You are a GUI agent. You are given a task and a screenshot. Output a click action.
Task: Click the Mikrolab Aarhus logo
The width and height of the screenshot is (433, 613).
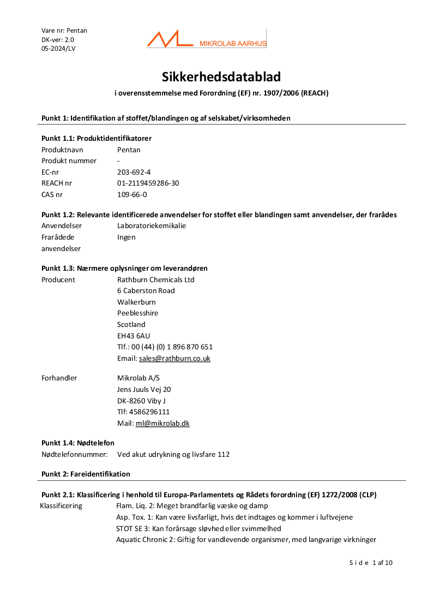click(x=206, y=39)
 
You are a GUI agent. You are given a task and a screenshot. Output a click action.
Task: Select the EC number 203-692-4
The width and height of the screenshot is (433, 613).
click(x=134, y=172)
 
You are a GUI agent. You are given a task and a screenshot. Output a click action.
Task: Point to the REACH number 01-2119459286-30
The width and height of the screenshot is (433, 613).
click(x=148, y=183)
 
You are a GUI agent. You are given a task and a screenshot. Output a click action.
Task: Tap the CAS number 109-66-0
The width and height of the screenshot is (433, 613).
click(x=132, y=194)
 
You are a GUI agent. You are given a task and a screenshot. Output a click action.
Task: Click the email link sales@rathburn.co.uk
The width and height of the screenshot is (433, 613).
click(x=175, y=359)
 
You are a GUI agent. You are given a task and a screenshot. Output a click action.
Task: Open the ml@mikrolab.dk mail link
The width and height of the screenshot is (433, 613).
click(x=163, y=424)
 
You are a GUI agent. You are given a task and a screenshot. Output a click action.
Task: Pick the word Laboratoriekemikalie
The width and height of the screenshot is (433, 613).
click(x=152, y=226)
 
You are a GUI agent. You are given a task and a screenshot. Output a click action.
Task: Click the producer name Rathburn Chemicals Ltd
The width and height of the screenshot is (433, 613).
click(x=156, y=280)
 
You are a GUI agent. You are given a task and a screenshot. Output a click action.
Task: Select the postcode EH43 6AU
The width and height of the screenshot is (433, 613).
click(x=134, y=336)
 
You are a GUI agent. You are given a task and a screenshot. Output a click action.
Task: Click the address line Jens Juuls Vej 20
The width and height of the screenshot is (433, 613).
click(x=144, y=390)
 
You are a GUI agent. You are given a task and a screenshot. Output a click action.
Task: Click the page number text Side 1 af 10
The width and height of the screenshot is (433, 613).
click(x=371, y=563)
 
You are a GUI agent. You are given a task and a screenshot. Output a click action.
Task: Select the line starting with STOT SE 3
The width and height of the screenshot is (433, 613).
click(x=199, y=528)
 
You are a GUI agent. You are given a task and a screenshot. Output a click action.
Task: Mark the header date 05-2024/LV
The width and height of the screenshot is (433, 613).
click(x=58, y=49)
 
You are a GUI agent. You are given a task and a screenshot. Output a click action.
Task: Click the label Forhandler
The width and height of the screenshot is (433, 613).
click(x=59, y=378)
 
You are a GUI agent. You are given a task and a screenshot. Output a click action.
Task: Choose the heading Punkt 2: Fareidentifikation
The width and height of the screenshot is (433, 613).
click(x=86, y=474)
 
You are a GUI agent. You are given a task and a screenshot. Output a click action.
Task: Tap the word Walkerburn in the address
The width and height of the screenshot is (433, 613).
click(x=136, y=302)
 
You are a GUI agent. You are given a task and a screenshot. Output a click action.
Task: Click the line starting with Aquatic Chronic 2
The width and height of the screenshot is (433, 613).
click(x=246, y=540)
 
